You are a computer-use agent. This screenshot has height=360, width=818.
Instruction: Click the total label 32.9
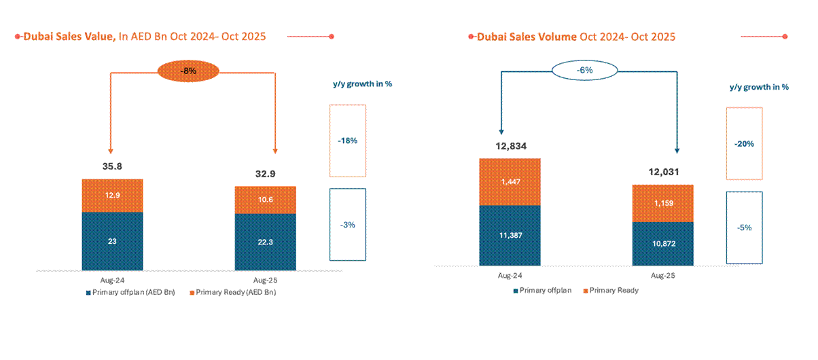[265, 174]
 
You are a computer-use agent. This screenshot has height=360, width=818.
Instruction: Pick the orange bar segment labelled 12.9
[112, 196]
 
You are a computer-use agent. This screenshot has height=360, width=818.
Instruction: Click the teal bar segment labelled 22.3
[265, 242]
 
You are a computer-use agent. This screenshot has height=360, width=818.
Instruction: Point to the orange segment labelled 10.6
[265, 200]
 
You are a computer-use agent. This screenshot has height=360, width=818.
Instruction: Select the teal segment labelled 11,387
[510, 235]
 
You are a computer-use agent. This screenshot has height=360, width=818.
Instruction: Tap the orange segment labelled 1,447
[510, 181]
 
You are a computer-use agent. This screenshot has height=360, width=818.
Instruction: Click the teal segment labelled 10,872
[662, 243]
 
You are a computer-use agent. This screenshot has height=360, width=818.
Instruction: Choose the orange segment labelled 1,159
[662, 203]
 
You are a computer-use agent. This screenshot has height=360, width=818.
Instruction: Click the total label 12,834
[510, 145]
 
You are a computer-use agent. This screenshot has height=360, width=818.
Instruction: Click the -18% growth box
[347, 141]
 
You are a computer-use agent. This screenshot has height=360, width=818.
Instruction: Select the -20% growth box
[745, 143]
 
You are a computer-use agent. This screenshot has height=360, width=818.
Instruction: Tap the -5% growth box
[745, 228]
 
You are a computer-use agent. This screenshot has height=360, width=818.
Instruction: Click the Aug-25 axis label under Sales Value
[265, 279]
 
